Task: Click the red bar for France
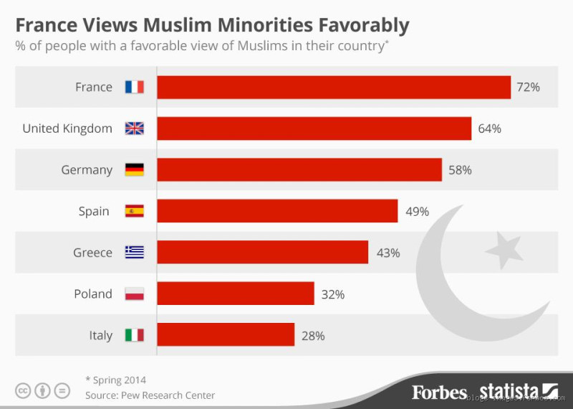tap(333, 87)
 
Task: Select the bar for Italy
tap(226, 335)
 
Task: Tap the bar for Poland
tap(235, 293)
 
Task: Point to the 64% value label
tap(489, 128)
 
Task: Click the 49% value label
tap(416, 212)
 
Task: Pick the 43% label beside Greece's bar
tap(387, 253)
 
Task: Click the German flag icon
tap(135, 170)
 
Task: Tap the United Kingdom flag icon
tap(135, 128)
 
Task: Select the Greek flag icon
tap(135, 253)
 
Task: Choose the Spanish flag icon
tap(135, 211)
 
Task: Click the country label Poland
tap(93, 293)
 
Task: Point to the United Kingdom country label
tap(67, 128)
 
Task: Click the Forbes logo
tap(439, 391)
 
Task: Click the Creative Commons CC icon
tap(24, 391)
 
